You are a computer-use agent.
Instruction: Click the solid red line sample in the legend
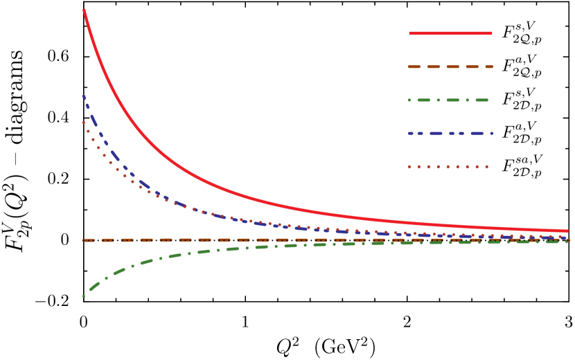pos(450,33)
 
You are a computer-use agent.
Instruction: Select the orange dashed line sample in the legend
pos(450,67)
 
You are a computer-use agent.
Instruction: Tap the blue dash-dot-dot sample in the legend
pos(450,134)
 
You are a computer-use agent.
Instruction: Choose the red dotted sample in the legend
pos(448,167)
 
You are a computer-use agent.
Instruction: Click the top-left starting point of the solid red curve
pos(84,10)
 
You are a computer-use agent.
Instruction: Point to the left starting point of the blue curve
pos(84,96)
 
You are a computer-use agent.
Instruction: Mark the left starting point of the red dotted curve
pos(84,123)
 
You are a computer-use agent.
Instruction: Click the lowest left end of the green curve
pos(84,296)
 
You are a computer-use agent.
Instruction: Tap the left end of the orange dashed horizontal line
pos(84,240)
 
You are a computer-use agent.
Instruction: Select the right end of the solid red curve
pos(567,231)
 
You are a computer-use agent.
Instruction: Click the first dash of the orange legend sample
pos(414,67)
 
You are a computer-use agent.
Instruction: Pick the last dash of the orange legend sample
pos(489,67)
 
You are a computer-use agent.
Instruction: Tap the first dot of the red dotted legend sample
pos(409,167)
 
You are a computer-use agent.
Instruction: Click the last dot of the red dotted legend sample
pos(486,167)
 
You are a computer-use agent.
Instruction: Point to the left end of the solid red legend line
pos(410,33)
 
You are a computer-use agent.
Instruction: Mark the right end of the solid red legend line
pos(491,33)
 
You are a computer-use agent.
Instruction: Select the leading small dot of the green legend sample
pos(409,100)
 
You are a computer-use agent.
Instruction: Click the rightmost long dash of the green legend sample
pos(482,100)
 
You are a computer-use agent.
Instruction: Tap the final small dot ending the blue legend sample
pos(492,134)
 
